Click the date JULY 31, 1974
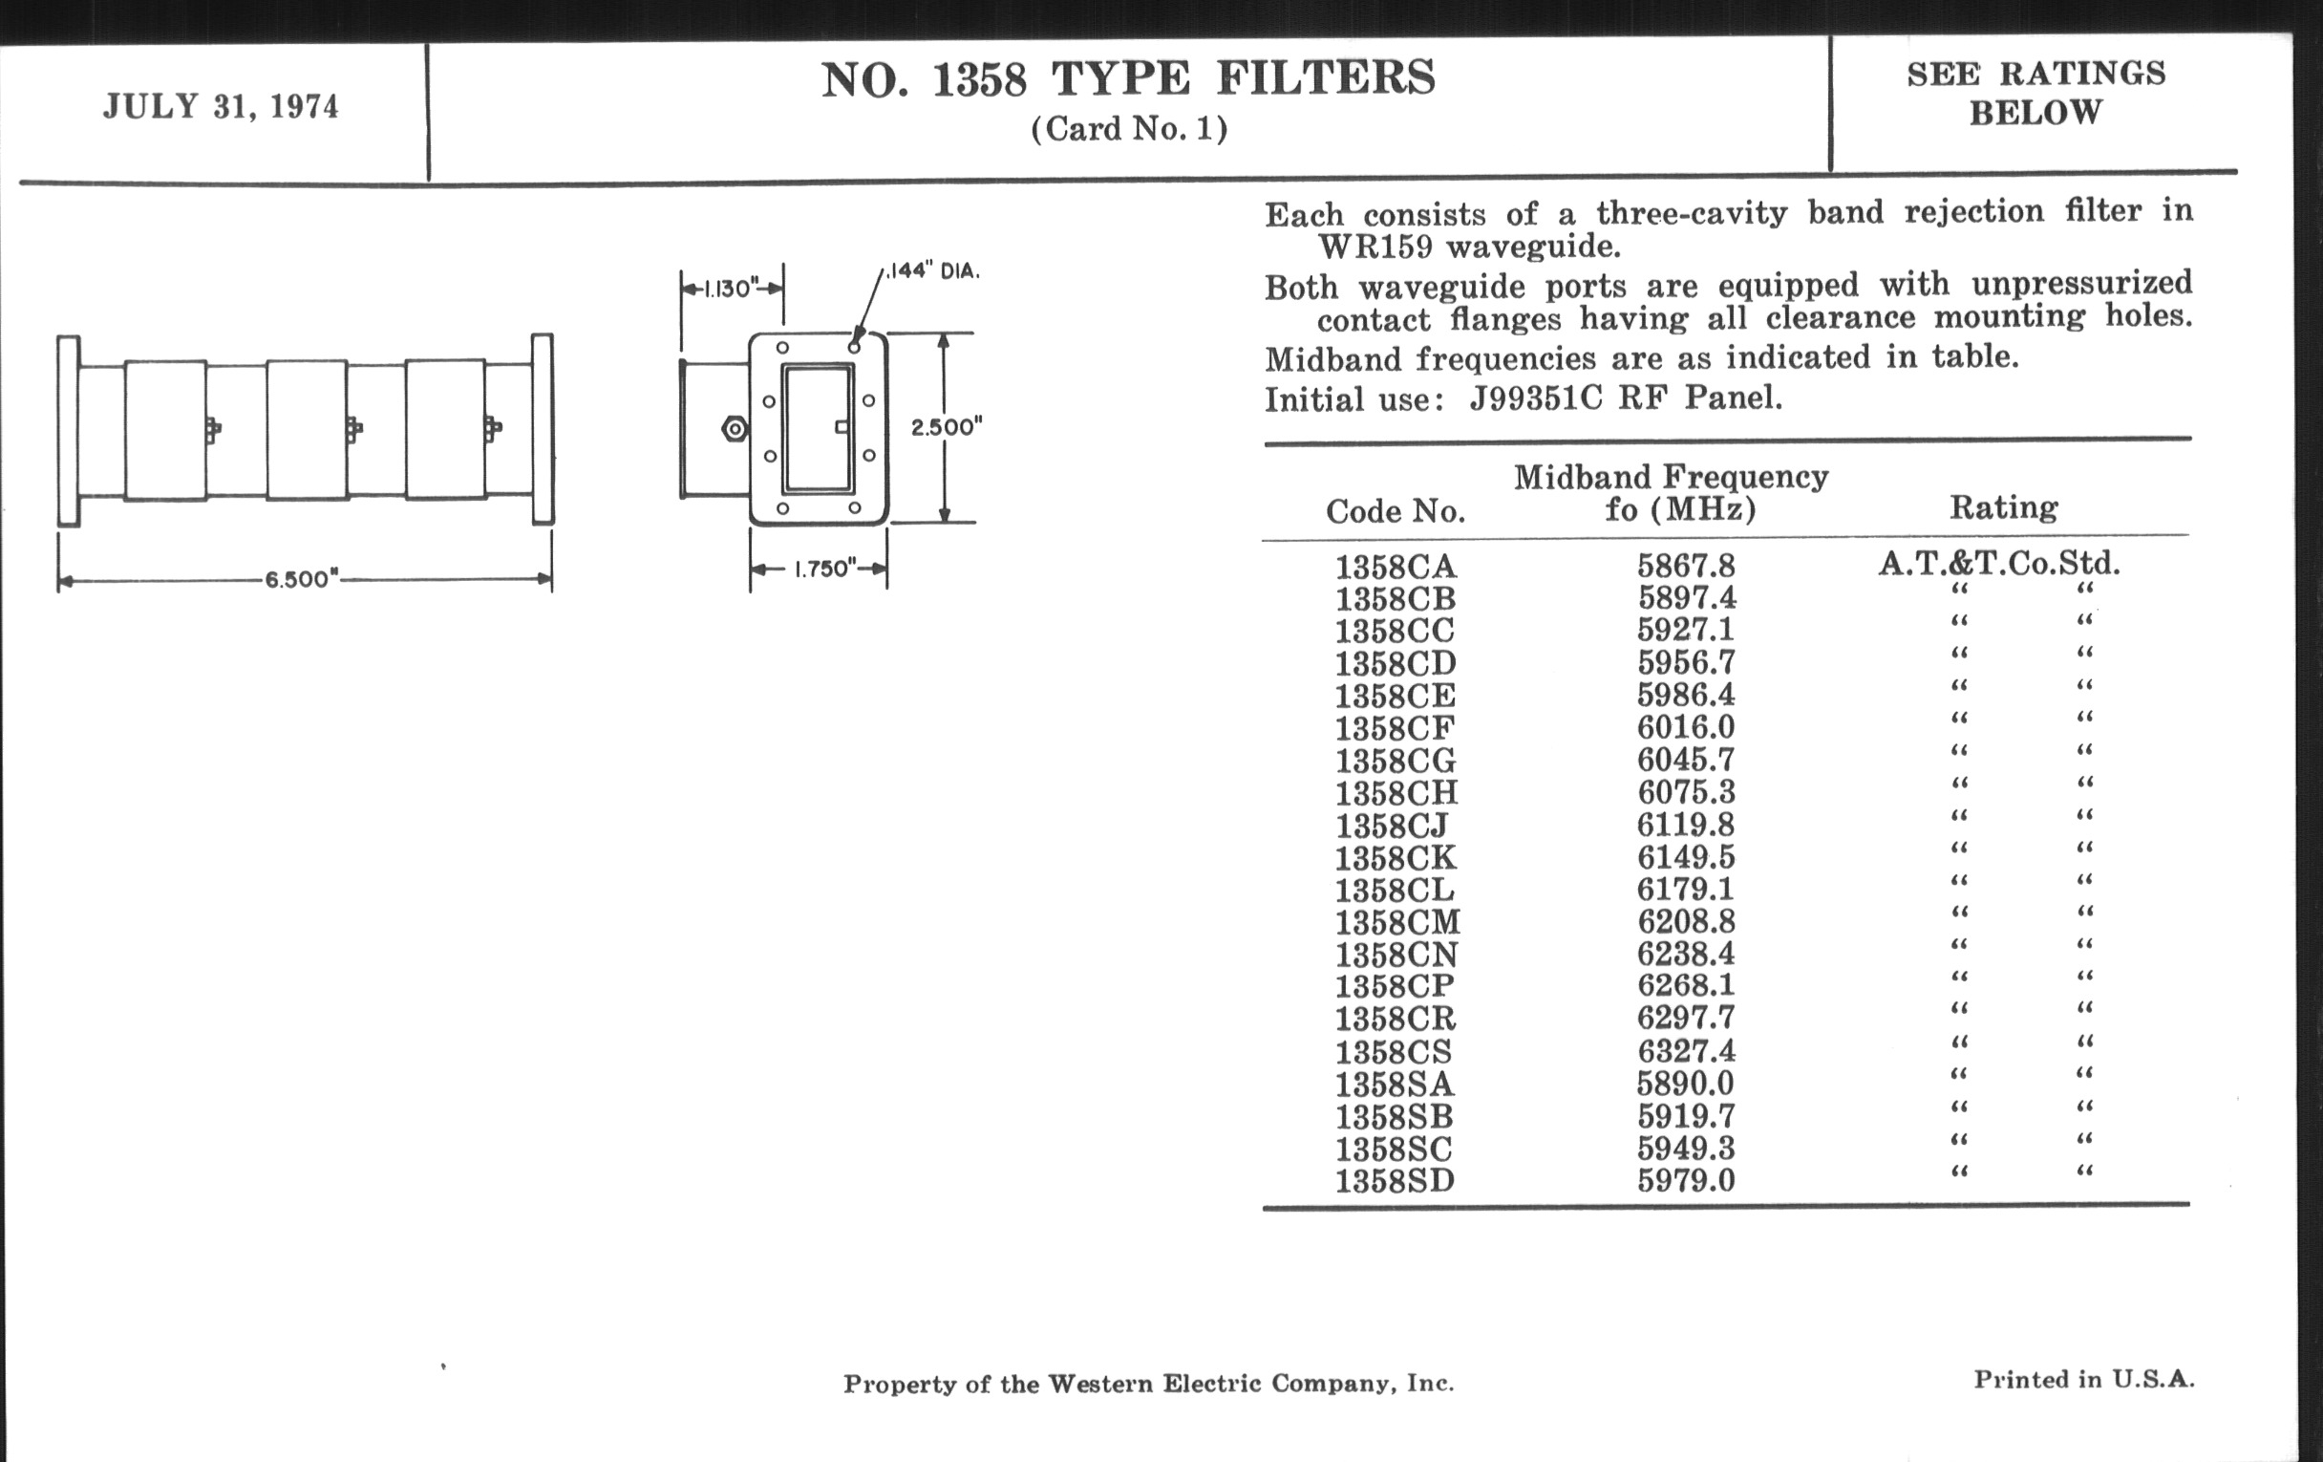tap(221, 106)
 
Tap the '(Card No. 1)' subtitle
tap(1129, 129)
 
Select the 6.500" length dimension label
tap(302, 579)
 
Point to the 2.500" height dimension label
tap(947, 427)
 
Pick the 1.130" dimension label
tap(731, 289)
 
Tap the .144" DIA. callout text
tap(932, 271)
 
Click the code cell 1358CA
tap(1395, 567)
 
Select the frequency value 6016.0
tap(1685, 726)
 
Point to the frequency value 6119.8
tap(1685, 825)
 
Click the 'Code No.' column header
tap(1395, 511)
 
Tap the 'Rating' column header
tap(2004, 507)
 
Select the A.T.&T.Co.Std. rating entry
tap(1999, 563)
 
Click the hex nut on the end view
tap(734, 428)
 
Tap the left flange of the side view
tap(69, 430)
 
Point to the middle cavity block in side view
tap(307, 430)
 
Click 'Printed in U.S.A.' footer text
tap(2084, 1380)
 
